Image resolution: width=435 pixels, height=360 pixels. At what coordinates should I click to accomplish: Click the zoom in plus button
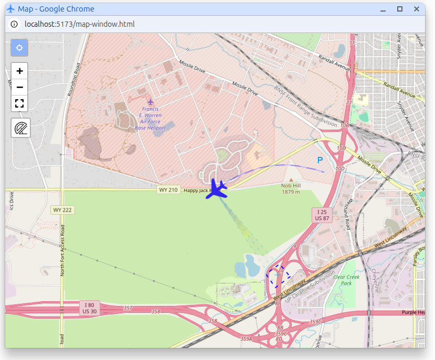(x=19, y=71)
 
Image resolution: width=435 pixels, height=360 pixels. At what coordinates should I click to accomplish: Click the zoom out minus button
(x=19, y=87)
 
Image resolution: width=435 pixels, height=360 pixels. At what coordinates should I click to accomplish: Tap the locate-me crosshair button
(x=19, y=48)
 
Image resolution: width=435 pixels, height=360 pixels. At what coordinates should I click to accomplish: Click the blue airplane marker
(x=216, y=189)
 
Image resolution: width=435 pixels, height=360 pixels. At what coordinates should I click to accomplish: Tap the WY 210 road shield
(x=169, y=189)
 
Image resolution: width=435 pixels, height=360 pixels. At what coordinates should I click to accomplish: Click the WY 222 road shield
(x=62, y=210)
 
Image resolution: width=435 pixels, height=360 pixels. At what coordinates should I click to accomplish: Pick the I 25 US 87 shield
(x=322, y=214)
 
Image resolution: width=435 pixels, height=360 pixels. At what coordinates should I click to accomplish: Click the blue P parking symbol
(x=320, y=160)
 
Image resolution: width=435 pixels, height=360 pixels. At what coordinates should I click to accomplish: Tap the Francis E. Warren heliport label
(x=150, y=118)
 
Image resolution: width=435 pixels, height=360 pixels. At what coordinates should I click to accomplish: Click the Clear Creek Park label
(x=346, y=280)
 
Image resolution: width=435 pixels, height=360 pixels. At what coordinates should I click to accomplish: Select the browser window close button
(x=417, y=9)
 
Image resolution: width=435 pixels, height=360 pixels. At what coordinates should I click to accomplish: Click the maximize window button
(x=400, y=9)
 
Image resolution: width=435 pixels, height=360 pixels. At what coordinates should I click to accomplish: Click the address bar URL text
(x=80, y=24)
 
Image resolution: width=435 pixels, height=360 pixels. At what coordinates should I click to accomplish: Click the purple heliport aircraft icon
(x=151, y=102)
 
